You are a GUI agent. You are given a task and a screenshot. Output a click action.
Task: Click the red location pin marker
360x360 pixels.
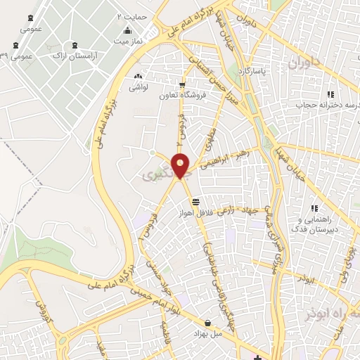181,166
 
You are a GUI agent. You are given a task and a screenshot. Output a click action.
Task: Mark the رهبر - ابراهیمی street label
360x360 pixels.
222,161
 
